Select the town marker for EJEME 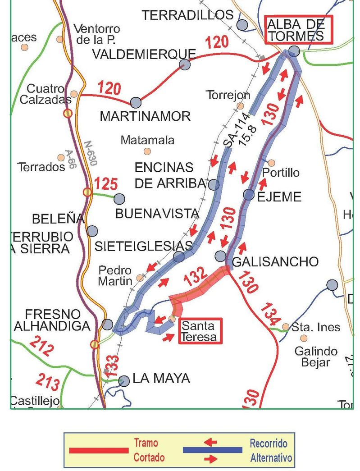tap(249, 195)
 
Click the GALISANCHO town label tap(275, 261)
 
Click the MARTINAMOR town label tap(145, 116)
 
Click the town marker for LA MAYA tap(124, 381)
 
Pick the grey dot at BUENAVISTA tap(119, 199)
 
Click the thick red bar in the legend tap(98, 450)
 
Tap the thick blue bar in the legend tap(212, 450)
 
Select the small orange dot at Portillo tap(271, 163)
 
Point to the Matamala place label tap(147, 140)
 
